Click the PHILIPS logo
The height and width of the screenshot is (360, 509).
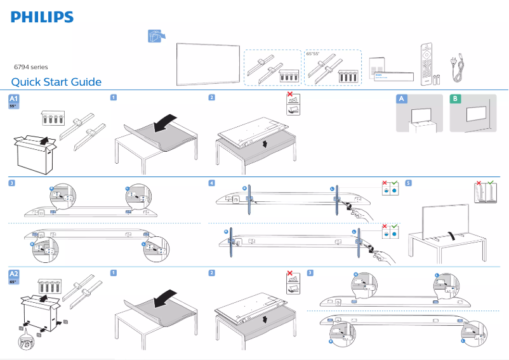42,17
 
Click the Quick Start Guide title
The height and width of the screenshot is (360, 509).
56,82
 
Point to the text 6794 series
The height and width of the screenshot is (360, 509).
30,67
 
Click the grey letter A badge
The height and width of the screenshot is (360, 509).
401,99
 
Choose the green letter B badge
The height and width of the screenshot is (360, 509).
454,99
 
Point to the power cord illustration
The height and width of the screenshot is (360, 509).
459,65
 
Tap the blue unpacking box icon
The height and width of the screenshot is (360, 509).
152,37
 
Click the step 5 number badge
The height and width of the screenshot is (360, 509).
408,183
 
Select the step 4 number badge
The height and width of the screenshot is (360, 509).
211,183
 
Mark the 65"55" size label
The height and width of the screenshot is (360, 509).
313,55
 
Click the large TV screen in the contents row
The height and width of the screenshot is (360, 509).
207,63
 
